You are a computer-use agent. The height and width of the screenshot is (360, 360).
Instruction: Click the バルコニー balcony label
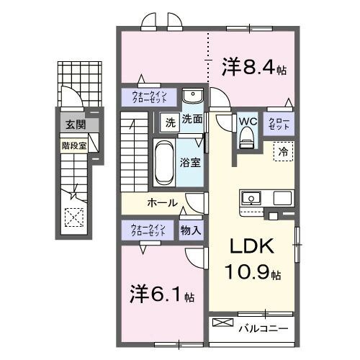(264, 328)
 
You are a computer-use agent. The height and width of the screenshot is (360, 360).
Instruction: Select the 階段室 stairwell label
(72, 145)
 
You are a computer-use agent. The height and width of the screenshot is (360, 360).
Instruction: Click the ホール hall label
(162, 203)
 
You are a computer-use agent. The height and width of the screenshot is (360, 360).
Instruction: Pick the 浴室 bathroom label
(191, 163)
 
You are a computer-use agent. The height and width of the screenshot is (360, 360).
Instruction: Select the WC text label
(247, 121)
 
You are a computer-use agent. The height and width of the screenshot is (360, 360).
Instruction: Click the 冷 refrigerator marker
(283, 153)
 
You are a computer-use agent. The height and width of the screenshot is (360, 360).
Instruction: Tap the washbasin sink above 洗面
(192, 97)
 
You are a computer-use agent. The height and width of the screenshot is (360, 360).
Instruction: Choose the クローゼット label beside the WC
(279, 123)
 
